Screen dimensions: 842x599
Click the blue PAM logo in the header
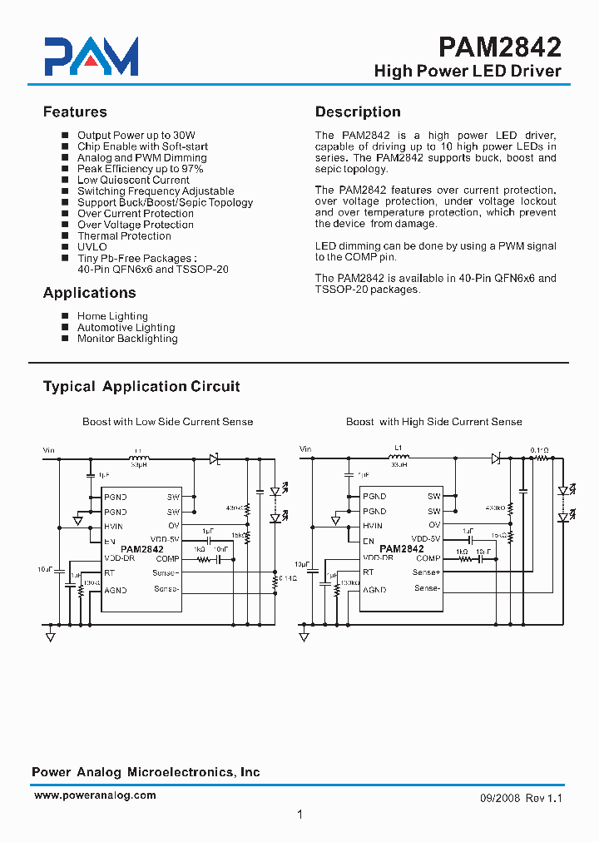pyautogui.click(x=92, y=57)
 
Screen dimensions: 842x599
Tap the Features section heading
pyautogui.click(x=75, y=112)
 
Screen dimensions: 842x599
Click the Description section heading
pyautogui.click(x=358, y=112)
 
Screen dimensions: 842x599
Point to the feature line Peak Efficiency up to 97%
pyautogui.click(x=141, y=169)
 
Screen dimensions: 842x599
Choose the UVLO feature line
pyautogui.click(x=92, y=247)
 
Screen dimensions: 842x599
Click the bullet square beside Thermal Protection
pyautogui.click(x=65, y=236)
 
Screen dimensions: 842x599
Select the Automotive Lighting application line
pyautogui.click(x=126, y=328)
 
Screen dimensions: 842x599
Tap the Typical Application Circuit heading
pyautogui.click(x=141, y=387)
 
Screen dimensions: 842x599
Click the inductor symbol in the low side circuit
pyautogui.click(x=139, y=458)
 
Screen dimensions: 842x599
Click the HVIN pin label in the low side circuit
pyautogui.click(x=115, y=527)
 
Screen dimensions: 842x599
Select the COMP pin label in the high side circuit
pyautogui.click(x=428, y=558)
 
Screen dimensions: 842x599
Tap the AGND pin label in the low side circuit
pyautogui.click(x=116, y=590)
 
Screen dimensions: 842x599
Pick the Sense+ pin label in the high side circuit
pyautogui.click(x=427, y=572)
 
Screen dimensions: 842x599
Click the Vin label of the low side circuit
pyautogui.click(x=49, y=450)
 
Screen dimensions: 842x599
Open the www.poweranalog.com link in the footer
pyautogui.click(x=95, y=795)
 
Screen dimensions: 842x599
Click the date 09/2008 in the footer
pyautogui.click(x=500, y=797)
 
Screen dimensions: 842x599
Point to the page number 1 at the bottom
pyautogui.click(x=299, y=815)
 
